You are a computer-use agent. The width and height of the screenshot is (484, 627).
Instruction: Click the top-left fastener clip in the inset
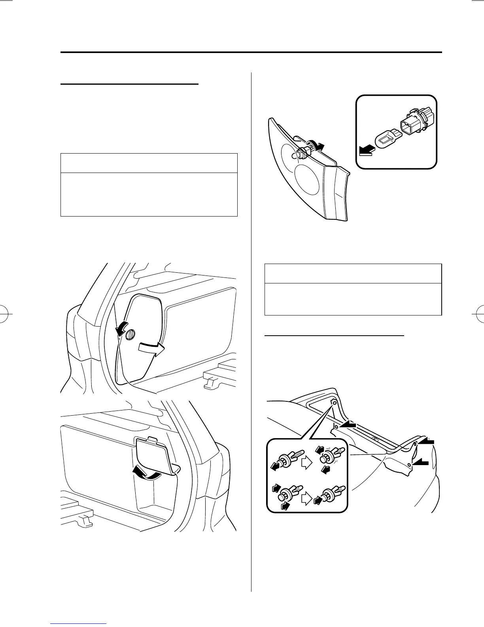[x=285, y=459]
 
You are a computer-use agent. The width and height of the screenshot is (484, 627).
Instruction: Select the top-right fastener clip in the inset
[x=329, y=455]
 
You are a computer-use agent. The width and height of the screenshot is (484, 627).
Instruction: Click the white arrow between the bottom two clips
[x=307, y=498]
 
